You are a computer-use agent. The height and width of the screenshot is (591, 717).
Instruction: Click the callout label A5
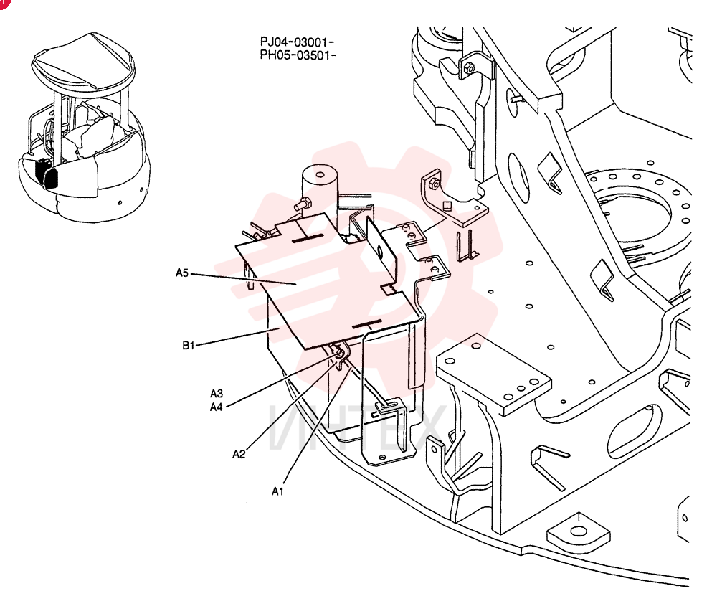182,273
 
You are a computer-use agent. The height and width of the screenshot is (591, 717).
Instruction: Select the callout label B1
189,346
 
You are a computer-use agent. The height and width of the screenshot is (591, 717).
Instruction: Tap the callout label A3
217,393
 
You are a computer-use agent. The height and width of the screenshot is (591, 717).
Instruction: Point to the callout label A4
217,407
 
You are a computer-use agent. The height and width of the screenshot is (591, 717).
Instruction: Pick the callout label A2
239,454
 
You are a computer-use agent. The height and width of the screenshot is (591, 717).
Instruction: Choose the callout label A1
277,491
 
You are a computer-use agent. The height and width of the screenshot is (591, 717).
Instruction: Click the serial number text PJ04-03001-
298,42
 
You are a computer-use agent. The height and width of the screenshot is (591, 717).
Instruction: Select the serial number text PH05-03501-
298,55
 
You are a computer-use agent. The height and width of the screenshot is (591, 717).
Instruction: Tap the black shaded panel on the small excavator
46,174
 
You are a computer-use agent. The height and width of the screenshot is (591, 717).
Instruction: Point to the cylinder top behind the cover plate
320,175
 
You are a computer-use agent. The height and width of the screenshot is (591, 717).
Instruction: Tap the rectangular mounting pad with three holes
494,373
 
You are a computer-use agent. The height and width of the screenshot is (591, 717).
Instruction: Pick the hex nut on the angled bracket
435,184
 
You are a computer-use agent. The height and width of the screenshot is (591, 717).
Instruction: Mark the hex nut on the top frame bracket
469,69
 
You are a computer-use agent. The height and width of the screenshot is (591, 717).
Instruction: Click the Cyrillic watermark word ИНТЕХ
356,427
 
